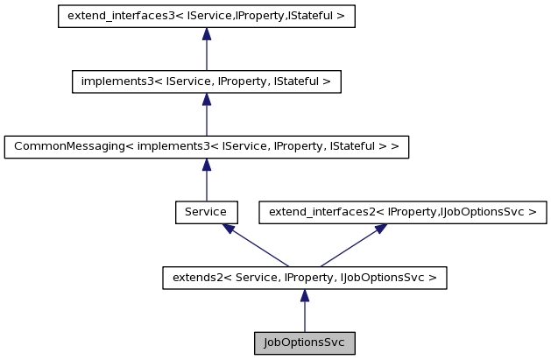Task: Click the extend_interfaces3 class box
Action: pyautogui.click(x=206, y=17)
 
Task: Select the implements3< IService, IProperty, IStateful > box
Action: pyautogui.click(x=206, y=81)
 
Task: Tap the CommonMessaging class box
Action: pyautogui.click(x=206, y=147)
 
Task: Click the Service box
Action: pyautogui.click(x=206, y=212)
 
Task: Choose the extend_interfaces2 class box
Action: pyautogui.click(x=403, y=212)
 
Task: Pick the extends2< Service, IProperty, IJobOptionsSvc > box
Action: pyautogui.click(x=305, y=278)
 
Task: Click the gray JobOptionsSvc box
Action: pyautogui.click(x=305, y=342)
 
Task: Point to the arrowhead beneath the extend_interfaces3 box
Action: pyautogui.click(x=206, y=34)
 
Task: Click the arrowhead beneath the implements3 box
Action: pyautogui.click(x=206, y=99)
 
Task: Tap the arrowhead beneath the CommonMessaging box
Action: pyautogui.click(x=206, y=165)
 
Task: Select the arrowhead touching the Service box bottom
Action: pyautogui.click(x=228, y=228)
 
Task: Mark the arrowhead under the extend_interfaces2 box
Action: pyautogui.click(x=380, y=228)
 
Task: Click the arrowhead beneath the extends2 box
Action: pyautogui.click(x=305, y=295)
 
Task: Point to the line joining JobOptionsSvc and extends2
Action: pyautogui.click(x=305, y=317)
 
